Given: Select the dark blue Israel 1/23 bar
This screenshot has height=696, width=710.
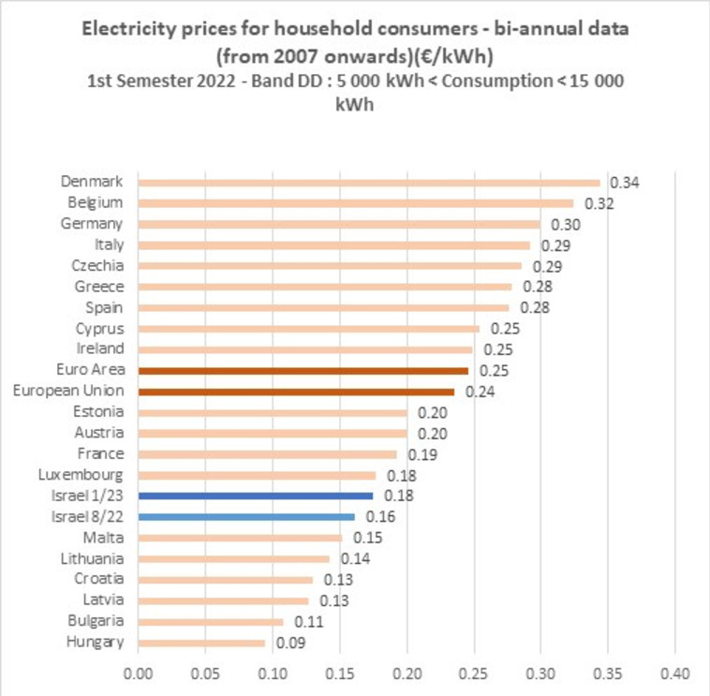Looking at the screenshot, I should click(255, 496).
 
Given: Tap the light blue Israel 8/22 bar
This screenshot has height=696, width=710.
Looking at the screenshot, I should click(246, 516).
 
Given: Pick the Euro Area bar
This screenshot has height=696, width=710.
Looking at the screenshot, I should click(303, 371).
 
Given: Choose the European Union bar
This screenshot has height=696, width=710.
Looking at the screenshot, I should click(296, 392).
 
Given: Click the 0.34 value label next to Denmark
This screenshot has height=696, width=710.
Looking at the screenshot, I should click(624, 183).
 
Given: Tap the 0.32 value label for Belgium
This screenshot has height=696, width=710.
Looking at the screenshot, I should click(599, 203).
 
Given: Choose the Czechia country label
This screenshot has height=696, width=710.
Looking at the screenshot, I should click(97, 265).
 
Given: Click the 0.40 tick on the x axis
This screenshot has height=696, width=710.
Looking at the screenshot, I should click(674, 674).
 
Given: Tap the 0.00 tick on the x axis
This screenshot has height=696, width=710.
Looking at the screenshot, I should click(138, 674).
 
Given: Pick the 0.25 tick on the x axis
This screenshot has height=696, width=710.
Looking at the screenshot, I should click(474, 674).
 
